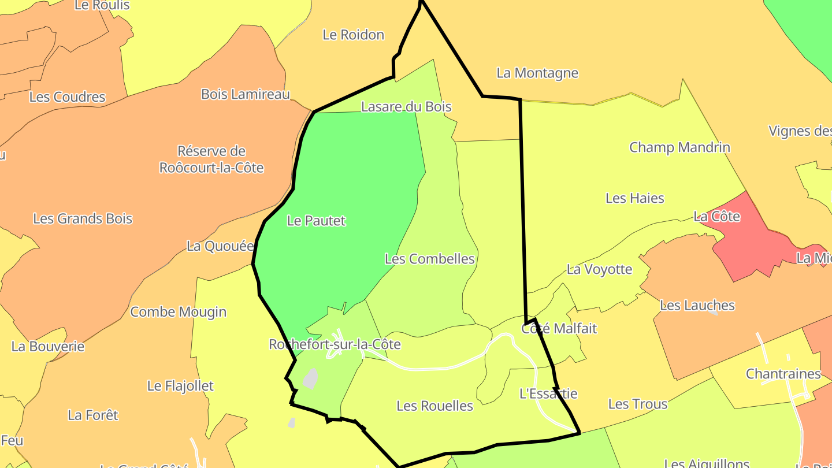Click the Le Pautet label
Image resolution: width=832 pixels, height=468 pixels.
tap(316, 221)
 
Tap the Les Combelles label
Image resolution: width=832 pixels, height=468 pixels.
tap(429, 259)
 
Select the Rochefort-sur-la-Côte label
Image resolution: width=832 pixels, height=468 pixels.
tap(335, 344)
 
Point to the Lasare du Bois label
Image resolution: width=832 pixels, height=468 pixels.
tap(406, 106)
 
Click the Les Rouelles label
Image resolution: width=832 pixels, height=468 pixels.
tap(434, 406)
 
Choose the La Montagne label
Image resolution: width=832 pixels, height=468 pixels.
tap(537, 73)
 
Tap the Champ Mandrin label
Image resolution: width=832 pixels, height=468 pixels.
tap(679, 147)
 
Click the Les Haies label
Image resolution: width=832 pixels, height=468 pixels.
tap(634, 198)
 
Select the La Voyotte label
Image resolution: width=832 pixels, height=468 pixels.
tap(599, 269)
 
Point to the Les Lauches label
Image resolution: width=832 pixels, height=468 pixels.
tap(697, 305)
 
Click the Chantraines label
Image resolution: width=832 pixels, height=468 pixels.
tap(783, 374)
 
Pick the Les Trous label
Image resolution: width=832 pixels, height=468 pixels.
tap(637, 404)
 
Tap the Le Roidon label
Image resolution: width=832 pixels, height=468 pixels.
tap(353, 35)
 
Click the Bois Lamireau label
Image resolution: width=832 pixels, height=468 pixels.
tap(245, 94)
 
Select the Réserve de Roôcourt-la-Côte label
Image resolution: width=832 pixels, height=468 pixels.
tap(211, 159)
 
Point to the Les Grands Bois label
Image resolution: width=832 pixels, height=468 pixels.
tap(83, 219)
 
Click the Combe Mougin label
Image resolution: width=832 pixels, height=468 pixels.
tap(178, 312)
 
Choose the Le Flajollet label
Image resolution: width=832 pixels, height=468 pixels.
tap(180, 386)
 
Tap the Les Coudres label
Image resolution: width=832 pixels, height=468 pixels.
tap(67, 97)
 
